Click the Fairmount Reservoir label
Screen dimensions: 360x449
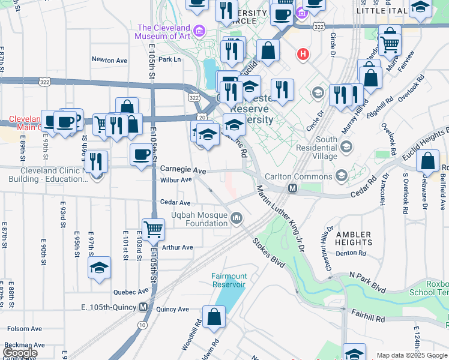[229, 280]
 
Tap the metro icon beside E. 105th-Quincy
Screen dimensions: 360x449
[143, 307]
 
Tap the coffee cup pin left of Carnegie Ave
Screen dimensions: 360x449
[142, 154]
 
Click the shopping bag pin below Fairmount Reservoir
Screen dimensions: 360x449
[214, 317]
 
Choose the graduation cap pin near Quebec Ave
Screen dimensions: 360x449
[100, 267]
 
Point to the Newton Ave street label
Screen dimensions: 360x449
[109, 60]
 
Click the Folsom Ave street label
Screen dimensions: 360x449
[24, 329]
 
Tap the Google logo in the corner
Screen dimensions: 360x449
[20, 353]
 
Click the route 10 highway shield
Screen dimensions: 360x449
[141, 325]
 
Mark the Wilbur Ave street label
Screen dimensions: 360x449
[176, 180]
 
